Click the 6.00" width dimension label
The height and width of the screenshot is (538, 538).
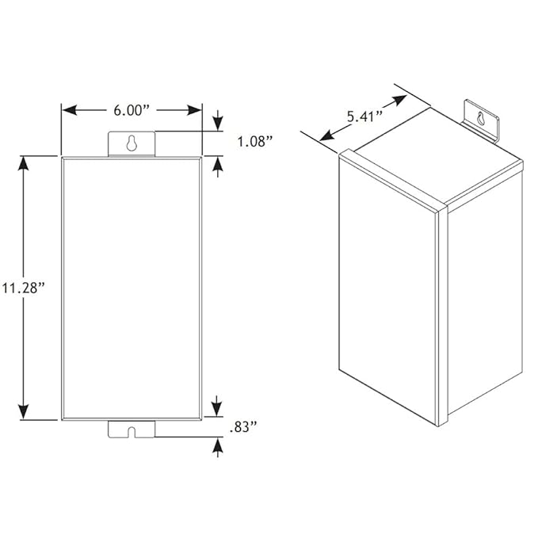tap(132, 110)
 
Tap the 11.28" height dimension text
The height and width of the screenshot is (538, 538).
tap(24, 288)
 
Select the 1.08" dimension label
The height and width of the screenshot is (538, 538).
tap(255, 141)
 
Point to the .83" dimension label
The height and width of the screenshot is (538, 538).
tap(243, 427)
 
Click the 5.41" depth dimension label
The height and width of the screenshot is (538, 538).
tap(364, 116)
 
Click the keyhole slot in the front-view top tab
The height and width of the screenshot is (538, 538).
tap(132, 143)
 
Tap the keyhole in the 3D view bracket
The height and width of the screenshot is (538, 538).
tap(481, 118)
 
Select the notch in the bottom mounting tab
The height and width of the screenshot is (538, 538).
tap(132, 432)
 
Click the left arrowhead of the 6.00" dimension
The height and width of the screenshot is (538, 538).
tap(70, 110)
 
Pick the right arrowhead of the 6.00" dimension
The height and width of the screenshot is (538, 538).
tap(195, 110)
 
